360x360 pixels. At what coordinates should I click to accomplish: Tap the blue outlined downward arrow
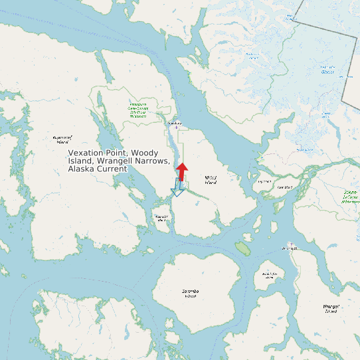pyautogui.click(x=177, y=188)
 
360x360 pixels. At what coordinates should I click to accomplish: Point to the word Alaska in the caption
pyautogui.click(x=82, y=169)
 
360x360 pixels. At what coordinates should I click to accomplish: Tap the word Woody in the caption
pyautogui.click(x=145, y=153)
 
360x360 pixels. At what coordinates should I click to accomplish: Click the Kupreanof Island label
pyautogui.click(x=62, y=139)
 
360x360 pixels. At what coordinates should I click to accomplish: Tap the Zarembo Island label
pyautogui.click(x=191, y=293)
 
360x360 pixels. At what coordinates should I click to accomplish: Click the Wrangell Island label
pyautogui.click(x=330, y=308)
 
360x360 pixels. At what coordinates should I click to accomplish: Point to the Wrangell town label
pyautogui.click(x=290, y=249)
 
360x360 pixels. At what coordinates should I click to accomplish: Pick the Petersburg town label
pyautogui.click(x=175, y=123)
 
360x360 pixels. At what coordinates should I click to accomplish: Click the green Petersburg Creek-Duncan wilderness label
pyautogui.click(x=137, y=109)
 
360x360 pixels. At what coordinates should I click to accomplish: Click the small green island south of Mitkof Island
pyautogui.click(x=242, y=248)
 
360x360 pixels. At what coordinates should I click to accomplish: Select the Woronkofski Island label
pyautogui.click(x=269, y=275)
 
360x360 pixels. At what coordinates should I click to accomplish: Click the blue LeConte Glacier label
pyautogui.click(x=328, y=69)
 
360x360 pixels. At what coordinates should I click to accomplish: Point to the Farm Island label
pyautogui.click(x=285, y=187)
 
